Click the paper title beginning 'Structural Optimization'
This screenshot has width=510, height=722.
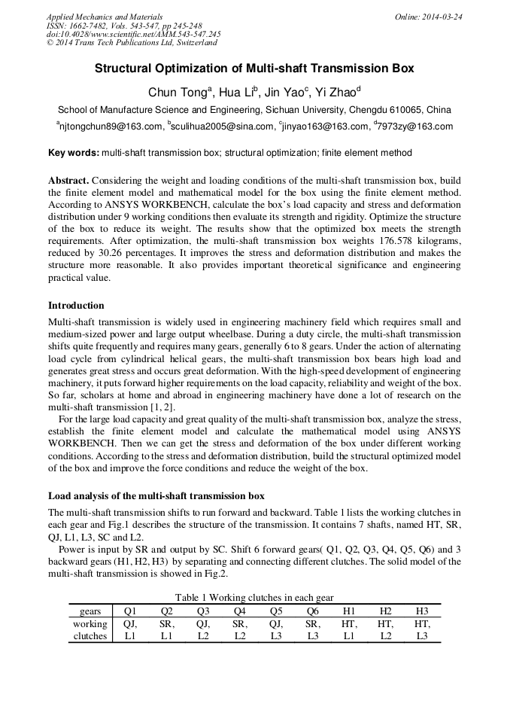point(254,69)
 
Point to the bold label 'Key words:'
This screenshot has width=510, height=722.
point(74,153)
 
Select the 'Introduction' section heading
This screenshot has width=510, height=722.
point(76,306)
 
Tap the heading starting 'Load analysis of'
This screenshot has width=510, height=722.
point(156,496)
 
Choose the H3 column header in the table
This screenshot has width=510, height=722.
point(422,611)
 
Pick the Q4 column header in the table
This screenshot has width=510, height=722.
point(240,611)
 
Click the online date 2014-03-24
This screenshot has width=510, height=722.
point(443,17)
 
